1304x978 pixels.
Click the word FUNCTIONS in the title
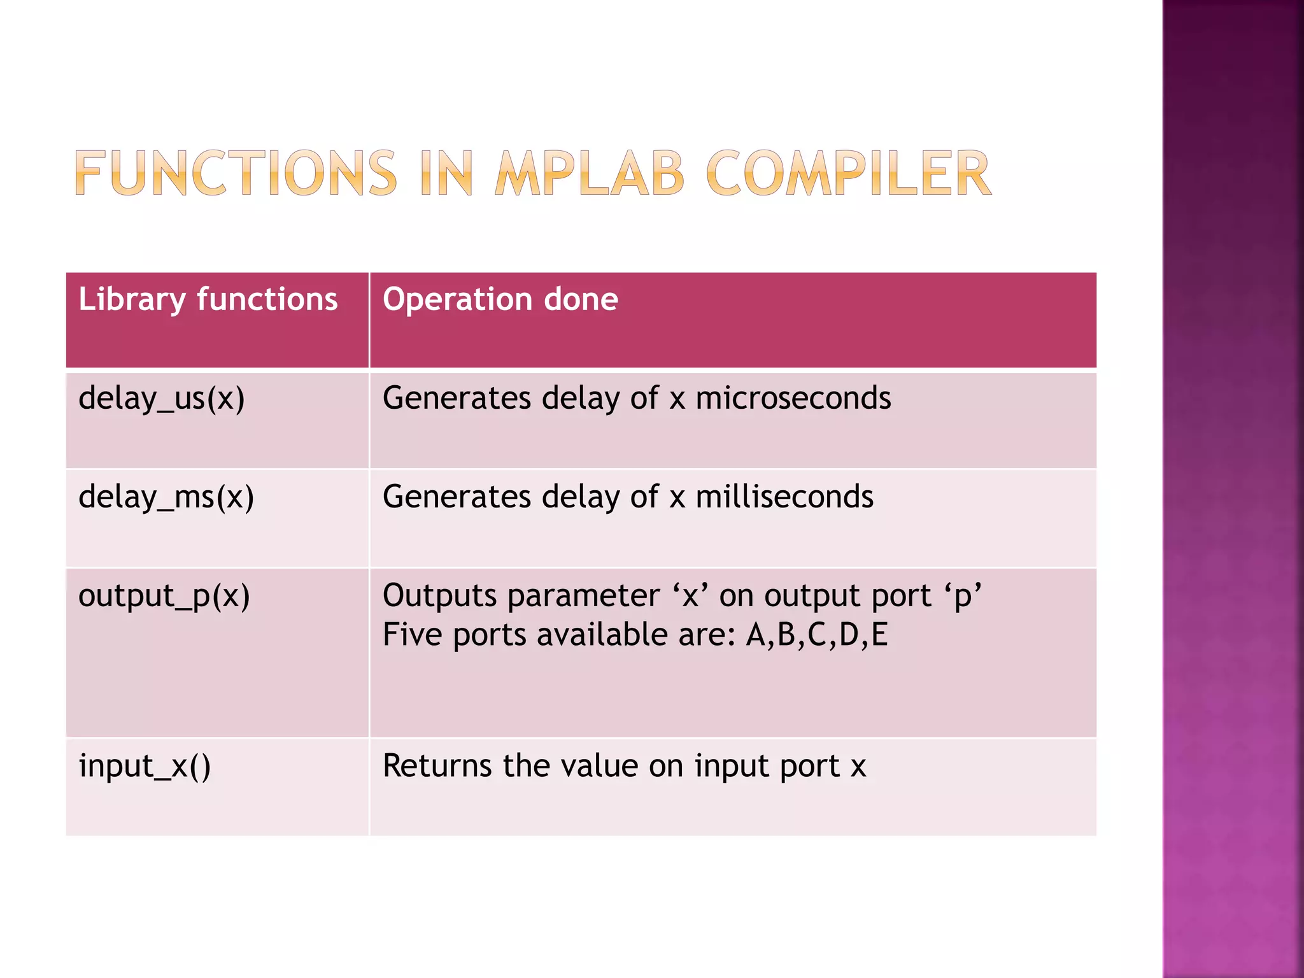pyautogui.click(x=236, y=173)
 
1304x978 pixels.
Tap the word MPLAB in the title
pyautogui.click(x=590, y=173)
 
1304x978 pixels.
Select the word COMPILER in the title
pyautogui.click(x=848, y=173)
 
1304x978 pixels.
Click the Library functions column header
pyautogui.click(x=208, y=299)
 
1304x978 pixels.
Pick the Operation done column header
pyautogui.click(x=500, y=299)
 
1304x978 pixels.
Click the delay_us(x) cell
pyautogui.click(x=162, y=399)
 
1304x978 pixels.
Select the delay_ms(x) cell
pyautogui.click(x=166, y=497)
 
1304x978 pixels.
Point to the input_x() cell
pyautogui.click(x=145, y=766)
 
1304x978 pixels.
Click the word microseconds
pyautogui.click(x=793, y=399)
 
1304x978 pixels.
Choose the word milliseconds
pyautogui.click(x=784, y=497)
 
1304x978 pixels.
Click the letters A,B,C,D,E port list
pyautogui.click(x=817, y=635)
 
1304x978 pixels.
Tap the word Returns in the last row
pyautogui.click(x=437, y=766)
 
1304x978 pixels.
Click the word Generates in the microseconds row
pyautogui.click(x=457, y=399)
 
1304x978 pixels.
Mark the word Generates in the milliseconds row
pyautogui.click(x=457, y=497)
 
